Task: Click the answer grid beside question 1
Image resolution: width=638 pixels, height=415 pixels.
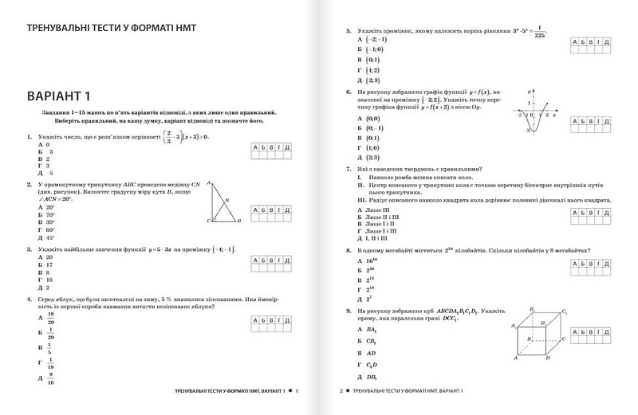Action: tap(270, 152)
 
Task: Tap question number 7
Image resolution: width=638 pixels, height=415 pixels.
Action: tap(349, 169)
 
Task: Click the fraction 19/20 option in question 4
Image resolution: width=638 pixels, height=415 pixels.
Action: tap(47, 317)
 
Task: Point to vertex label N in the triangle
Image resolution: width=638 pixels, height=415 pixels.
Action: tap(227, 200)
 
